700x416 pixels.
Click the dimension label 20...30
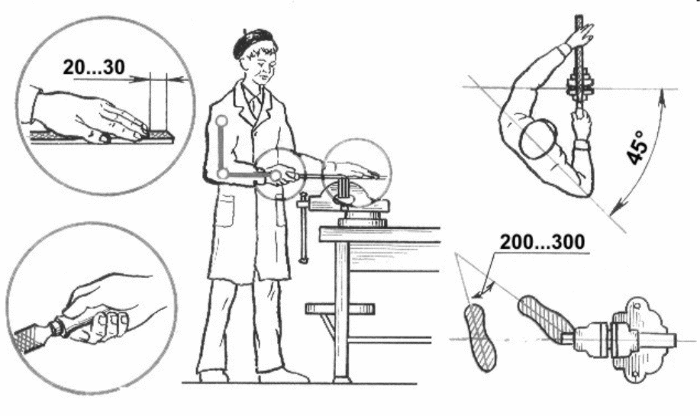point(94,67)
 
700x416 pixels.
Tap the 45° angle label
point(636,148)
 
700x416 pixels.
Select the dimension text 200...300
point(542,242)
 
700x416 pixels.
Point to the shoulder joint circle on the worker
point(221,121)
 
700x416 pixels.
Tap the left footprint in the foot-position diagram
point(480,337)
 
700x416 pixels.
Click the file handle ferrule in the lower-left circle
point(56,327)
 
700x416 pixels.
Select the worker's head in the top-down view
point(538,139)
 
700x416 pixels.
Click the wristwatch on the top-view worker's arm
point(582,145)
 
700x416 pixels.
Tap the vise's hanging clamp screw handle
point(304,227)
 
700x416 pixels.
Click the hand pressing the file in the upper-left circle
point(89,117)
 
